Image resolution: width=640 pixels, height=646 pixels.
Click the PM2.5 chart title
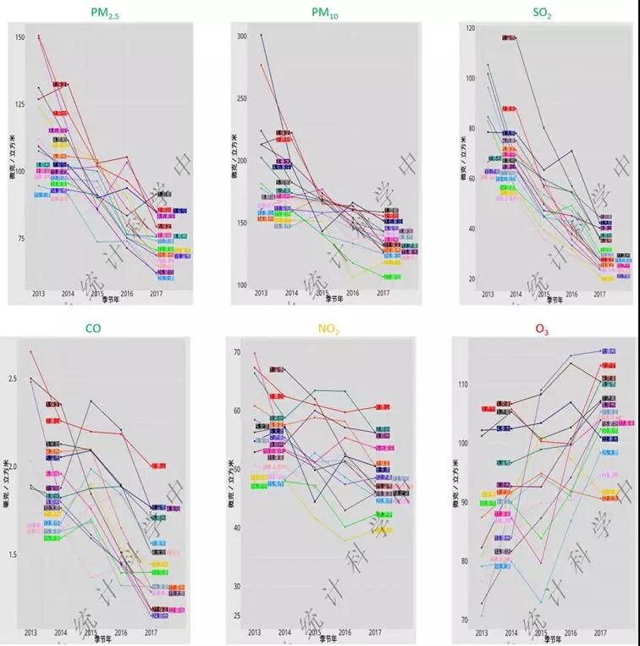point(111,13)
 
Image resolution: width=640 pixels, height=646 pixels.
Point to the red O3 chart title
point(541,329)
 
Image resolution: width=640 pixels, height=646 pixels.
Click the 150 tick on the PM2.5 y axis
point(21,37)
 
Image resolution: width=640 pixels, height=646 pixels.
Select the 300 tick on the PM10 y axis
point(241,36)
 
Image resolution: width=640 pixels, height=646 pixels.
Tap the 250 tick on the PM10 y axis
point(241,99)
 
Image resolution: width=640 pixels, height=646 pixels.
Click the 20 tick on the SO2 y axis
point(469,279)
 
